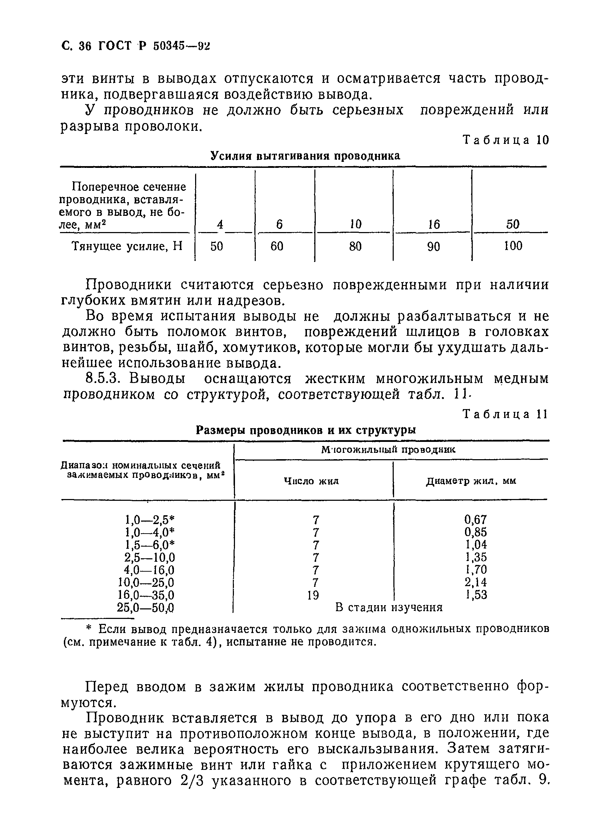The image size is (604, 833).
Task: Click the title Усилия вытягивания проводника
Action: click(305, 156)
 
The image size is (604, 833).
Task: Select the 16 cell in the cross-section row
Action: click(434, 224)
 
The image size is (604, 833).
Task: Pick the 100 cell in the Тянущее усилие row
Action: click(513, 246)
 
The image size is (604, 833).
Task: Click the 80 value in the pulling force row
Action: click(355, 246)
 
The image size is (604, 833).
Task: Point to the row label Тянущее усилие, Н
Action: click(127, 246)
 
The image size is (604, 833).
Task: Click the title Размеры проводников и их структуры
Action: click(306, 430)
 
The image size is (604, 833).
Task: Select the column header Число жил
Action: click(312, 481)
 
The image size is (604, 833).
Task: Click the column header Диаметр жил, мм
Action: click(471, 481)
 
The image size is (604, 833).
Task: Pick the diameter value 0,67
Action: click(476, 520)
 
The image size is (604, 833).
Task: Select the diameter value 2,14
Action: click(476, 582)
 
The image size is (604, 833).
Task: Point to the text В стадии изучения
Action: click(389, 608)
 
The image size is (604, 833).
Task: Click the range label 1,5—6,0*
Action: click(149, 545)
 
